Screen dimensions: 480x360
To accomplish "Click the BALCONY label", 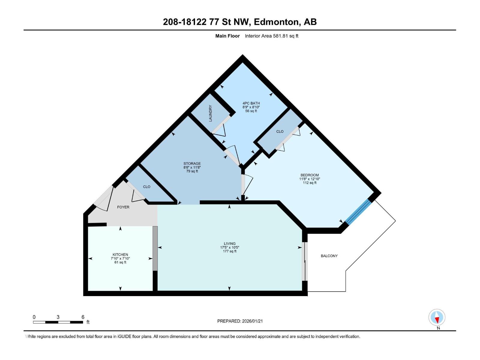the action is [x=329, y=256].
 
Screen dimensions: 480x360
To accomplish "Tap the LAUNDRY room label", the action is [x=211, y=113].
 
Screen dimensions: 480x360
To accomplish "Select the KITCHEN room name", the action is [x=120, y=255].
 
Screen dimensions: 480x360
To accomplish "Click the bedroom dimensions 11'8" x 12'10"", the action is [x=310, y=179].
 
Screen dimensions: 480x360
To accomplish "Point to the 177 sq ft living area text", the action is [x=229, y=251].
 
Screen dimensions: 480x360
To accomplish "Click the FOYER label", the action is [x=123, y=207].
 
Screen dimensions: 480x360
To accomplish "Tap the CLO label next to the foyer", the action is [x=146, y=187].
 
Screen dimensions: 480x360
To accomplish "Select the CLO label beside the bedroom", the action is [x=280, y=131].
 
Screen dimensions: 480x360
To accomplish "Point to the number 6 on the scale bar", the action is [x=83, y=317].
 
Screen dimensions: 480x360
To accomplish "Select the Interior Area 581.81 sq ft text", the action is [x=271, y=36].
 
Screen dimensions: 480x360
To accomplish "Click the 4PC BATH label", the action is [x=251, y=103].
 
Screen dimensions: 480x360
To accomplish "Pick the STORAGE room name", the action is [x=192, y=163].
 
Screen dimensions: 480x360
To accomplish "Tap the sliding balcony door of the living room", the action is [x=304, y=261].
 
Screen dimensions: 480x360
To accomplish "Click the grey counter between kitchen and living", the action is [x=155, y=248].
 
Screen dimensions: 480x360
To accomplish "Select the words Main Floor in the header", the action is [x=227, y=36].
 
